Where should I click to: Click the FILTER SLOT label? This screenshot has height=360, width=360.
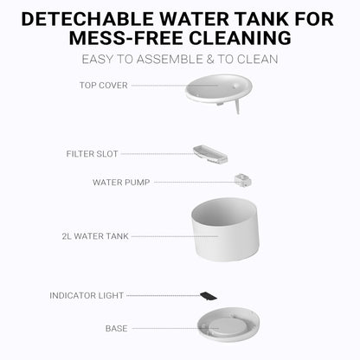tap(93, 154)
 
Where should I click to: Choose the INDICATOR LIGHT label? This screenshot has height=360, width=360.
tap(88, 295)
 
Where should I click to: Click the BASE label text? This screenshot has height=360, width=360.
tap(116, 329)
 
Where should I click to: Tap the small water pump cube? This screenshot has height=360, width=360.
tap(242, 180)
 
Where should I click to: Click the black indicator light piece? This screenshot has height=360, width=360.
tap(208, 295)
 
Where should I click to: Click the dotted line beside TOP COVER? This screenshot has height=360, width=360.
tap(157, 86)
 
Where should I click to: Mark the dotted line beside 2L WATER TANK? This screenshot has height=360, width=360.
tap(160, 235)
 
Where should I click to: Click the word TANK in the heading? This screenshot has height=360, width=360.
tap(279, 18)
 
